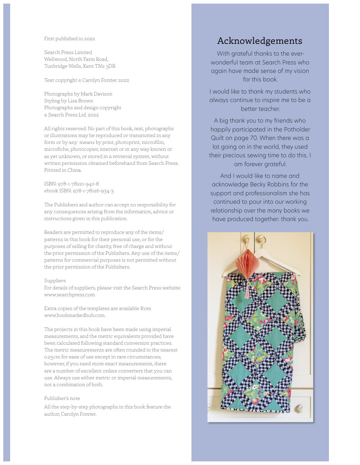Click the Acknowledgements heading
pos(260,41)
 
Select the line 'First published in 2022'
pos(69,39)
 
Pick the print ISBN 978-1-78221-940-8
pos(78,184)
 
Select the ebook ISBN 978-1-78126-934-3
pos(93,191)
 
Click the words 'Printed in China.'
pos(63,170)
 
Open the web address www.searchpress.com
pos(69,295)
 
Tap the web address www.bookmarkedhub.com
pos(75,315)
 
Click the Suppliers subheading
pos(55,281)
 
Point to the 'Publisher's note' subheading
pos(62,398)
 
